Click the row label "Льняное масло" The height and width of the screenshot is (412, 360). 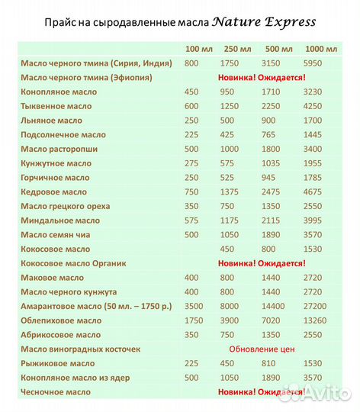[x=43, y=120]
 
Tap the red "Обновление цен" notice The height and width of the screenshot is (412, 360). [x=262, y=349]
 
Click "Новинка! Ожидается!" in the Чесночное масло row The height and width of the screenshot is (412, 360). [x=262, y=391]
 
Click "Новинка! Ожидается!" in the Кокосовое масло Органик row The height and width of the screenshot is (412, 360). [x=262, y=263]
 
